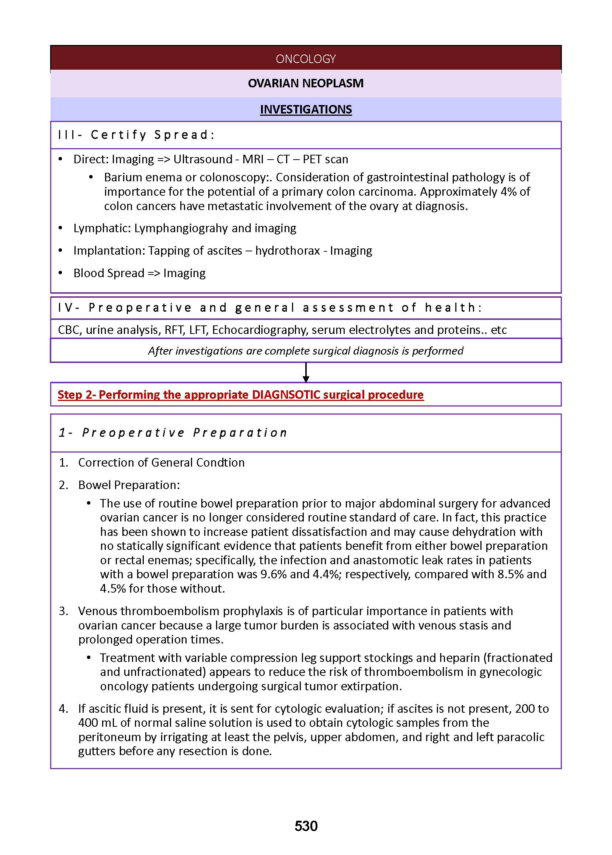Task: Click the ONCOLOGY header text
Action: click(306, 59)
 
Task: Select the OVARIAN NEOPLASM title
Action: click(306, 83)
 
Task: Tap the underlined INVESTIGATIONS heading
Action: click(306, 109)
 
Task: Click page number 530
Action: click(306, 826)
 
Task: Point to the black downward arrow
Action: click(306, 373)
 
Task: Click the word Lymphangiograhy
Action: click(181, 228)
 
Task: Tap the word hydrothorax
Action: click(287, 251)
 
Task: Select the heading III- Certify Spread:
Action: click(136, 135)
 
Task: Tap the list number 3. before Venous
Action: click(63, 611)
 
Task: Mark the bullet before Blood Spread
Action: click(61, 273)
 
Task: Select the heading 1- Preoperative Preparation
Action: click(173, 433)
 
